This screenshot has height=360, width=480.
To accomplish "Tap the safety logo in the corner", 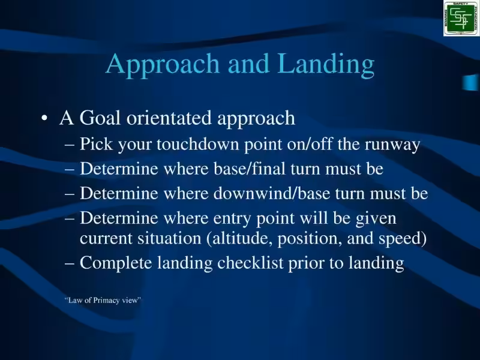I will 461,18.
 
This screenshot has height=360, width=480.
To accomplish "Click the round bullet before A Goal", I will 44,119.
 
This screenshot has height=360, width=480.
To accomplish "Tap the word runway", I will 394,145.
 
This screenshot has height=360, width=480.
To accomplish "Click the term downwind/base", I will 265,194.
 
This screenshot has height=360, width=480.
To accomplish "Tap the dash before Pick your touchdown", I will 70,145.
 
